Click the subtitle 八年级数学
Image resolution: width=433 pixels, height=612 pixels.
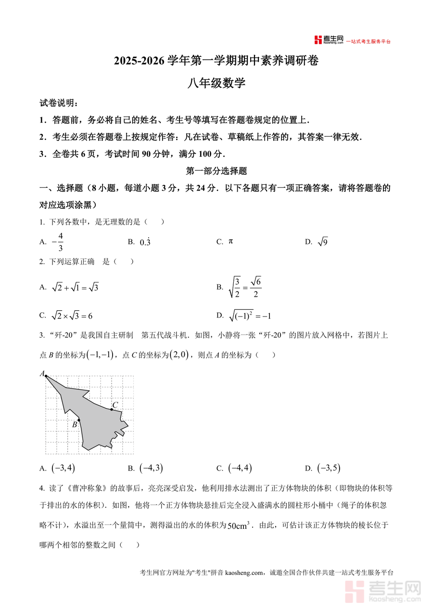tap(216, 83)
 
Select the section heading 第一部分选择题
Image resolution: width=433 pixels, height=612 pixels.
tap(216, 170)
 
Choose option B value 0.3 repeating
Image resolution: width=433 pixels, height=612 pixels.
tap(145, 242)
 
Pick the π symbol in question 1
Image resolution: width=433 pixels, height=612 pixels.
tap(231, 241)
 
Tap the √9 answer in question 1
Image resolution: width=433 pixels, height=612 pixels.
tap(323, 242)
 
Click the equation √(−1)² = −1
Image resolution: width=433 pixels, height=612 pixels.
tap(250, 316)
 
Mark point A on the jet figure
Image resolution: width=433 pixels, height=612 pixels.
tap(46, 376)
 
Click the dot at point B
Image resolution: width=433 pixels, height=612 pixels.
tap(79, 420)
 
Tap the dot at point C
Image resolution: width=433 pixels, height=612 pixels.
tap(112, 409)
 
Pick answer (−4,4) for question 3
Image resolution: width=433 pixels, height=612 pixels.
tap(241, 468)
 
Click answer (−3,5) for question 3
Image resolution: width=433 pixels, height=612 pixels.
tap(329, 468)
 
